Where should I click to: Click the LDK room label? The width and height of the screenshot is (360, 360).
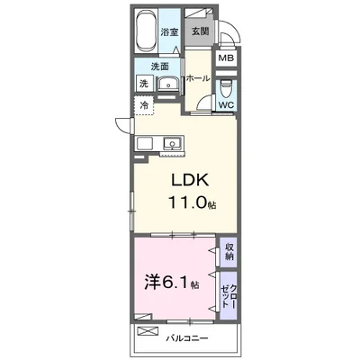click(190, 180)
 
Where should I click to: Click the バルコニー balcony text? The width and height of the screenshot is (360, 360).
click(187, 338)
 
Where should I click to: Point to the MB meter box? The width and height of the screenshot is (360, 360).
click(226, 58)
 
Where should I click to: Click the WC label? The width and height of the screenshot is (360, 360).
click(227, 105)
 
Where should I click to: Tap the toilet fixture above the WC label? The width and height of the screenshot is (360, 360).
click(227, 88)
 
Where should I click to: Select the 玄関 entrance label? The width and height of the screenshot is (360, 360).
click(200, 31)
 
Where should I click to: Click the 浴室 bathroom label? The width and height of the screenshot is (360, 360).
click(169, 31)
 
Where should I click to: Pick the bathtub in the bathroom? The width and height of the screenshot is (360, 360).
click(146, 31)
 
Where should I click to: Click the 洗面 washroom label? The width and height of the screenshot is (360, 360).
click(159, 67)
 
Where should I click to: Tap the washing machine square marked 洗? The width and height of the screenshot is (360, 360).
click(145, 83)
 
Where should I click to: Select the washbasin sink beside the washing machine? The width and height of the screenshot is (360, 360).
click(168, 84)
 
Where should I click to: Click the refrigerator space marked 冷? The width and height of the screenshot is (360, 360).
click(144, 105)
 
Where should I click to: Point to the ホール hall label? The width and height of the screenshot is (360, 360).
click(198, 78)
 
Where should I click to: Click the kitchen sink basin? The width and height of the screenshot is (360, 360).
click(172, 143)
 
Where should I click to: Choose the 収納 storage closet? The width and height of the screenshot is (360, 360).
click(229, 252)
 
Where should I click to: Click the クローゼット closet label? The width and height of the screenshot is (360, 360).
click(229, 295)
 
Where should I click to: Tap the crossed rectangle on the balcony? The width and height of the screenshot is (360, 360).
click(148, 330)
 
